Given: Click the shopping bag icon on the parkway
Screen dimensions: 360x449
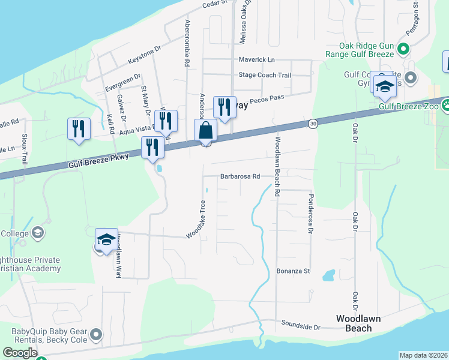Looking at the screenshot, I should coord(205,130).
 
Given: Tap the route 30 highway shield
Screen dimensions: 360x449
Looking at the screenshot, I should coord(313,124).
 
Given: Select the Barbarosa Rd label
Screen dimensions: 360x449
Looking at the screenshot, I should coord(240,176).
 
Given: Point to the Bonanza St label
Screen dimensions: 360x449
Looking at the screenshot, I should coord(292,271).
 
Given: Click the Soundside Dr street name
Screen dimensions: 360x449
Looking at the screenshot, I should coord(301,326).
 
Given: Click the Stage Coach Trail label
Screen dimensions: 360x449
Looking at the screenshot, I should coord(264,75).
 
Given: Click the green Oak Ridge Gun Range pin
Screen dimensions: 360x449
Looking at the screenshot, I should coord(403,49).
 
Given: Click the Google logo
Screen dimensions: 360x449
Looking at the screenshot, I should coord(20,353).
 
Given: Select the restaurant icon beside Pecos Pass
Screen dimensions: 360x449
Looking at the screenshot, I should coord(224,107).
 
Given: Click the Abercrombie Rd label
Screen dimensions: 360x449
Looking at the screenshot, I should coord(188,42).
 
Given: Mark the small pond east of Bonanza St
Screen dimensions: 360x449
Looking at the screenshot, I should coord(328,275).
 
